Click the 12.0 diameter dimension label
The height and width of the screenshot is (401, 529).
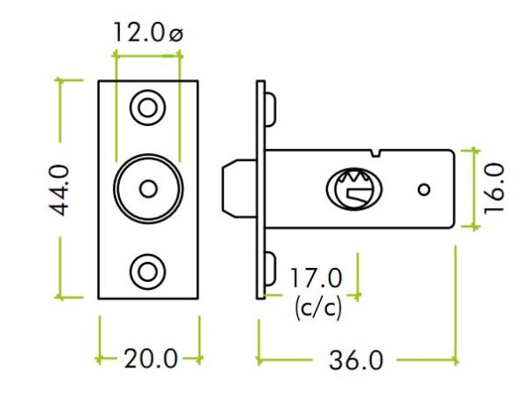pos(148,33)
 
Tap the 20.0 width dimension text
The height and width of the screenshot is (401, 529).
pos(151,359)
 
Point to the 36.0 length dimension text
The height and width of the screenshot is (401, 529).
pos(356,360)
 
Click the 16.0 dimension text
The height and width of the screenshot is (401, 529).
pos(494,189)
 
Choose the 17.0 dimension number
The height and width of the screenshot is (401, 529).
pos(316,278)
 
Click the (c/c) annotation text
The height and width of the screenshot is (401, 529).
pos(317,308)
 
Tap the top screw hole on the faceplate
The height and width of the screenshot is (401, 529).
pos(148,108)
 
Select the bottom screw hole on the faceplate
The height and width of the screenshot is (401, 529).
pos(148,271)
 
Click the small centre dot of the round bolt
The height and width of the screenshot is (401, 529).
pos(148,189)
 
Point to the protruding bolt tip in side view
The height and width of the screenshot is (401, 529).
pos(239,189)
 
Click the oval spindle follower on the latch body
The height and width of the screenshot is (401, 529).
pos(354,189)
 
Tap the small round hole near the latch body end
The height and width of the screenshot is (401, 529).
pos(424,189)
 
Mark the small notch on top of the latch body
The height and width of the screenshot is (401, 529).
pos(376,152)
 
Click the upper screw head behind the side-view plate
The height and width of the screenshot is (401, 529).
pos(271,109)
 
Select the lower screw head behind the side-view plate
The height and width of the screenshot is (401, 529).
pos(271,269)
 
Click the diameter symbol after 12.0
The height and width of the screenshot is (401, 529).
pos(175,34)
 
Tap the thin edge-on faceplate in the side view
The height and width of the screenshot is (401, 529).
pos(260,189)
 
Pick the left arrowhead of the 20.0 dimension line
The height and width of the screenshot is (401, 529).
pos(99,359)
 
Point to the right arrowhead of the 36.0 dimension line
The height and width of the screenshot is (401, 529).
pos(456,360)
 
